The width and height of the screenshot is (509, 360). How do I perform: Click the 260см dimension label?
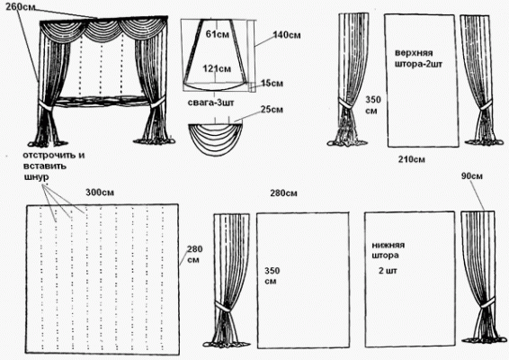point(20,7)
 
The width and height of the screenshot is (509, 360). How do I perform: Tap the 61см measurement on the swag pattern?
point(217,33)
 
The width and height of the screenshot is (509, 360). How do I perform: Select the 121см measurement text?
point(217,69)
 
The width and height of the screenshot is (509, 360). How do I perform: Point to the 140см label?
point(287,35)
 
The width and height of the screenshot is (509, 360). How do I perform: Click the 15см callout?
point(272,84)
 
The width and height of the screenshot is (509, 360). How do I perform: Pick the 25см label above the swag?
point(272,110)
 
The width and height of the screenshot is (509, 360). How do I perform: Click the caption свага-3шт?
point(210,103)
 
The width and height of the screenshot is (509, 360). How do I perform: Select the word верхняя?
point(414,53)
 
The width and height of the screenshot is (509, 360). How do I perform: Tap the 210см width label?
point(411,159)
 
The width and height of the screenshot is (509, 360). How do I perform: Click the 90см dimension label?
point(471,176)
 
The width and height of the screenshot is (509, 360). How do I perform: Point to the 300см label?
point(100,193)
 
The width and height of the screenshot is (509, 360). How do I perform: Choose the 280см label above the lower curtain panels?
point(283,193)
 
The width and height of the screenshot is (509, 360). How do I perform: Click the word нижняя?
point(388,246)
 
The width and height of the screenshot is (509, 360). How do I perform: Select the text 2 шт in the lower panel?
point(388,271)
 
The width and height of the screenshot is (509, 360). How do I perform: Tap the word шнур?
point(37,177)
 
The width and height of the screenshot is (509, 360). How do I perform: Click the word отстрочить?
point(54,156)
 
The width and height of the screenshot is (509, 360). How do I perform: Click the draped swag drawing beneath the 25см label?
point(216,138)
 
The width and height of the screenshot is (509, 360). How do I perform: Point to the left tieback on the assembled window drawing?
point(47,106)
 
